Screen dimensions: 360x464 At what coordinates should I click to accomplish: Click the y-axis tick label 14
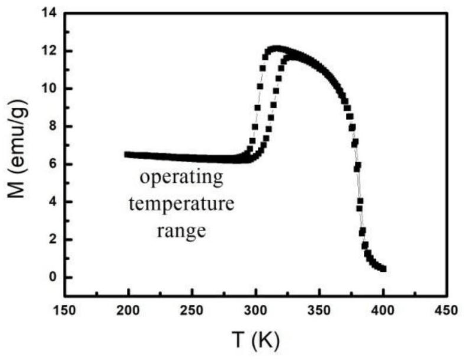click(49, 13)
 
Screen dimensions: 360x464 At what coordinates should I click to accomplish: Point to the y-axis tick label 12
click(49, 51)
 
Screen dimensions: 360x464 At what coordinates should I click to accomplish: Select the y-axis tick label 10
click(49, 89)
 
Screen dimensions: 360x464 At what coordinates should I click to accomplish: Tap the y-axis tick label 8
click(52, 127)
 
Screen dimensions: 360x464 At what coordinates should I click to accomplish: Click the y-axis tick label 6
click(52, 165)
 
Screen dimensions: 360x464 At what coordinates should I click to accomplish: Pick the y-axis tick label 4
click(52, 202)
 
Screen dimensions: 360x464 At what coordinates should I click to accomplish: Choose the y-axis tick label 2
click(52, 240)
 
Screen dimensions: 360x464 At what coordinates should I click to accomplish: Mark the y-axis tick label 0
click(52, 278)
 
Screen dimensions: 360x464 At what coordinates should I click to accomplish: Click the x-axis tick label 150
click(65, 310)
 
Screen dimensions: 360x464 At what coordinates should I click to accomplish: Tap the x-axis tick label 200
click(128, 310)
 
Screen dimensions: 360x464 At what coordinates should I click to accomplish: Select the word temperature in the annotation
click(182, 205)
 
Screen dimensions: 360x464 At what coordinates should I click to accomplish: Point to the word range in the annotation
click(181, 231)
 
